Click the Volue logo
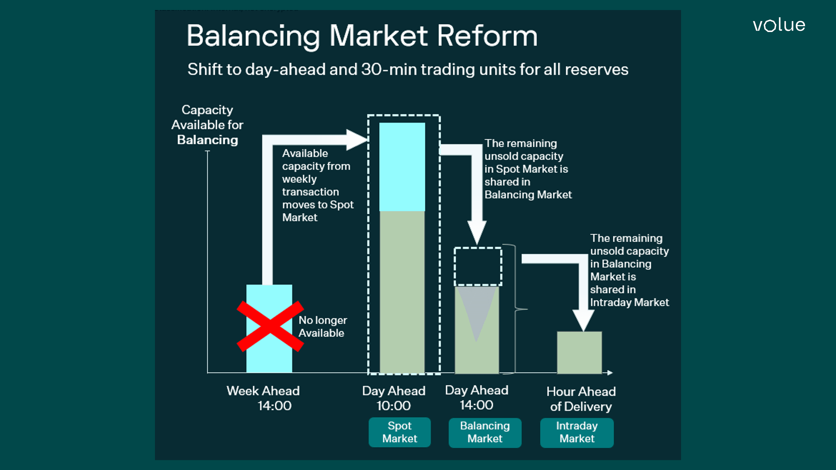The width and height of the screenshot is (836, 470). pyautogui.click(x=779, y=25)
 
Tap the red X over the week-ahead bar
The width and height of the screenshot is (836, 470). pyautogui.click(x=270, y=326)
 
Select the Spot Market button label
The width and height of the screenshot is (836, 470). pyautogui.click(x=400, y=432)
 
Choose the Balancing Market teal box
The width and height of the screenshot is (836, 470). pyautogui.click(x=485, y=432)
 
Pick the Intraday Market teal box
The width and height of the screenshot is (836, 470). pyautogui.click(x=577, y=432)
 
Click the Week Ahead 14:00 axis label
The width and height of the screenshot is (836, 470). pyautogui.click(x=263, y=398)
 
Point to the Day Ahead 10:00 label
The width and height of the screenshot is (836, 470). pyautogui.click(x=394, y=398)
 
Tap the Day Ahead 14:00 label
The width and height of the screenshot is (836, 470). pyautogui.click(x=477, y=397)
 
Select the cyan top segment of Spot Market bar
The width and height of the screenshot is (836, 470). pyautogui.click(x=402, y=167)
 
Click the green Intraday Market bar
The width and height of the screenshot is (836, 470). pyautogui.click(x=579, y=352)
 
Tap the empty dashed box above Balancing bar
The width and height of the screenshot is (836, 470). pyautogui.click(x=478, y=267)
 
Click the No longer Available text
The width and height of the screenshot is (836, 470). pyautogui.click(x=322, y=326)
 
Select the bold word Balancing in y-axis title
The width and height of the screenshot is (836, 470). pyautogui.click(x=207, y=140)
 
